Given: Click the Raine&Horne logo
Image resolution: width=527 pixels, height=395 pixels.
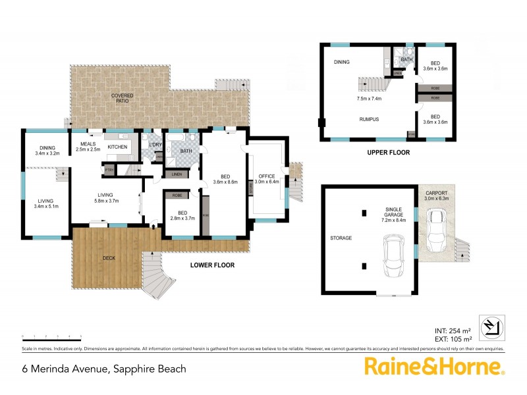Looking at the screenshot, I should [x=434, y=366].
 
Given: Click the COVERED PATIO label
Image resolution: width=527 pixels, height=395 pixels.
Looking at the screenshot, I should [x=122, y=99].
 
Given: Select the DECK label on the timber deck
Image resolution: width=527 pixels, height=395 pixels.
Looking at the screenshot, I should [x=109, y=257].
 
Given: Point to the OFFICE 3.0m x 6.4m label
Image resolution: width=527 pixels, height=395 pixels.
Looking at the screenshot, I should [x=267, y=180].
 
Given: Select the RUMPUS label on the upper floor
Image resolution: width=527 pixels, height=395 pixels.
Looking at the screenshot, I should [x=369, y=119].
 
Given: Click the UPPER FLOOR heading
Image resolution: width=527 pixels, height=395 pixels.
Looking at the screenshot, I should [x=389, y=152].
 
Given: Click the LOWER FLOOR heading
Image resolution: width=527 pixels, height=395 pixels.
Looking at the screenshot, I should [x=212, y=265].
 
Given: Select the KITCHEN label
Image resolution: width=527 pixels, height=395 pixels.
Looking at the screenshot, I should [x=117, y=146].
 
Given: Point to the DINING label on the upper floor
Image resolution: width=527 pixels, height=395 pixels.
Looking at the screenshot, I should [x=341, y=63].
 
